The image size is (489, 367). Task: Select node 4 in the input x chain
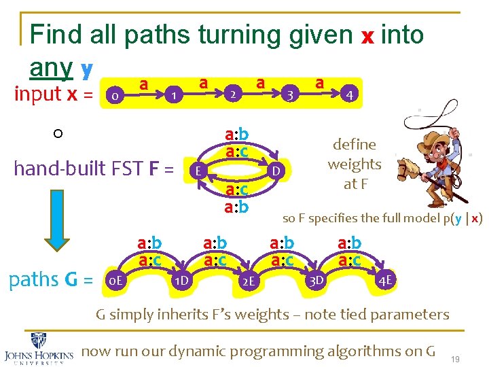(x=349, y=94)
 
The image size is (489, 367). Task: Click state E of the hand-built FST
(x=196, y=170)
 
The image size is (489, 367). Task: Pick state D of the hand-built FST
(x=275, y=169)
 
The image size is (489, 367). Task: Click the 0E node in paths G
(x=117, y=279)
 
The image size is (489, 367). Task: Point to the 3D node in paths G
(x=316, y=279)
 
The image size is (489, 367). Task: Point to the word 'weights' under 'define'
(x=354, y=164)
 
